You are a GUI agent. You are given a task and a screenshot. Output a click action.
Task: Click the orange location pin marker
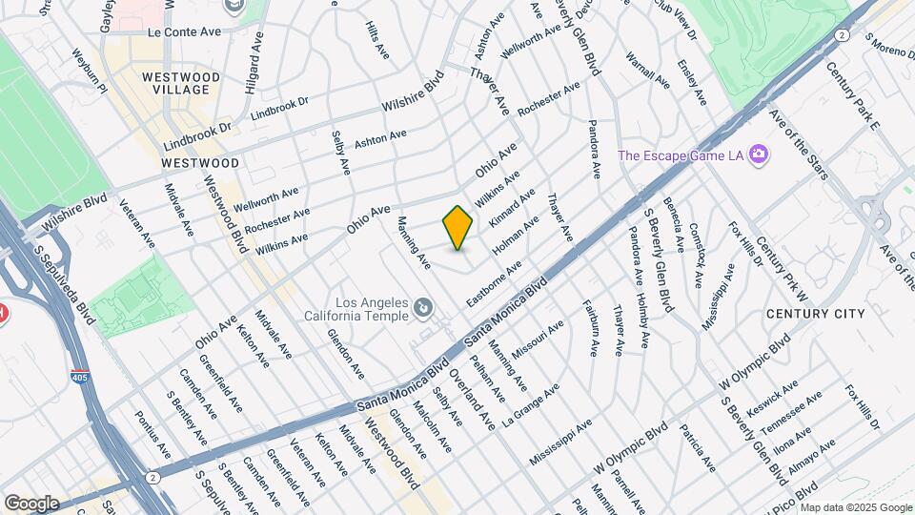pos(458,228)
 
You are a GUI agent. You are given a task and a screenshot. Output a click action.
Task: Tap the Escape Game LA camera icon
pos(760,154)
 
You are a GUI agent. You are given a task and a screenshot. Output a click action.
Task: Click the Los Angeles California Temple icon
pos(422,308)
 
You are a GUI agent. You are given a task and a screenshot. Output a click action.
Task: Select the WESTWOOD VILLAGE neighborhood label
pos(181,83)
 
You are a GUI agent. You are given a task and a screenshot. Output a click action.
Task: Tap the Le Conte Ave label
pos(184,31)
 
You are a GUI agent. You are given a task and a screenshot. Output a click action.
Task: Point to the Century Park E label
pos(853,94)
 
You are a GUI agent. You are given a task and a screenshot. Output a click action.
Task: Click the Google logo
pos(30,503)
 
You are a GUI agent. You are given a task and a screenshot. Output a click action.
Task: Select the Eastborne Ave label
pos(494,283)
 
